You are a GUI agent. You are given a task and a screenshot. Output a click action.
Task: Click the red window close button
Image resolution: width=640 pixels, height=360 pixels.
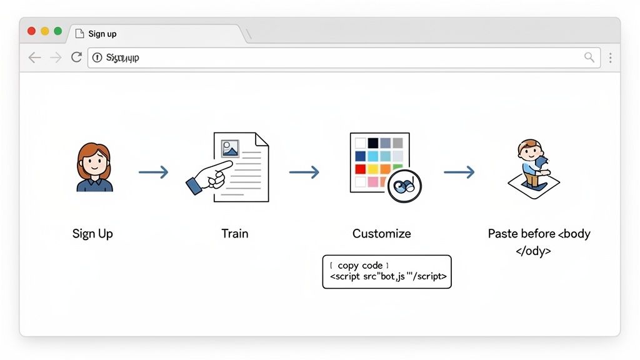pyautogui.click(x=31, y=31)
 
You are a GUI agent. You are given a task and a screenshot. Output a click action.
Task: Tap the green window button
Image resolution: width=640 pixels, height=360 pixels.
pyautogui.click(x=58, y=31)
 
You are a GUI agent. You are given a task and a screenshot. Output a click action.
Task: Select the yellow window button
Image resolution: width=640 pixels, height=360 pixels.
pyautogui.click(x=45, y=31)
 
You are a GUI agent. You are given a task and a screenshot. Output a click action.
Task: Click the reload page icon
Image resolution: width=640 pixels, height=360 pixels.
pyautogui.click(x=76, y=57)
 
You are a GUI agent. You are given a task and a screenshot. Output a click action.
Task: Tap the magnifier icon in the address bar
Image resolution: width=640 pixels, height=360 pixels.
pyautogui.click(x=589, y=57)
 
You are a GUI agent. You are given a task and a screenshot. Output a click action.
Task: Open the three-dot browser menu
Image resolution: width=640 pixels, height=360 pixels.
pyautogui.click(x=610, y=57)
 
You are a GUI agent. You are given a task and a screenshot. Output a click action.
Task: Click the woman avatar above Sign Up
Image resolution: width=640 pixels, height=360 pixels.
pyautogui.click(x=94, y=167)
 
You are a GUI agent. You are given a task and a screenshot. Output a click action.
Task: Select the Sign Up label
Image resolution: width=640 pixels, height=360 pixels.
pyautogui.click(x=92, y=234)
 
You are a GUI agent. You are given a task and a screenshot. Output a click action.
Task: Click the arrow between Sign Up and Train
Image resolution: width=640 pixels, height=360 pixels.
pyautogui.click(x=153, y=172)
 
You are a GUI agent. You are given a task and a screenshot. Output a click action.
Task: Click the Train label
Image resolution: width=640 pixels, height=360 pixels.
pyautogui.click(x=234, y=234)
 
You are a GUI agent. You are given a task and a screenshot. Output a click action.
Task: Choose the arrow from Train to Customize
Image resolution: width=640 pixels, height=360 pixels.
pyautogui.click(x=304, y=172)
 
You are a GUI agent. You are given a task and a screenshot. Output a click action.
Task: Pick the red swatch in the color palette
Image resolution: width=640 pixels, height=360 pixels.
pyautogui.click(x=360, y=169)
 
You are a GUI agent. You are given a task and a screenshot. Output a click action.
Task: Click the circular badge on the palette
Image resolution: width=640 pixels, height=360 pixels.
pyautogui.click(x=404, y=186)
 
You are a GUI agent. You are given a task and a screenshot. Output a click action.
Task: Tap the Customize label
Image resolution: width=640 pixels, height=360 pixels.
pyautogui.click(x=381, y=234)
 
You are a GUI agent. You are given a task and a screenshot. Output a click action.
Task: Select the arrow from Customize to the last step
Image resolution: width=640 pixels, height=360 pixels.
pyautogui.click(x=459, y=172)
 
